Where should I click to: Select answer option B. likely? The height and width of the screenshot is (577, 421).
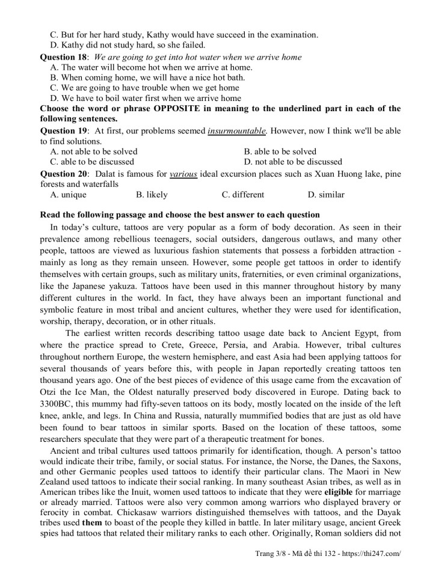(152, 195)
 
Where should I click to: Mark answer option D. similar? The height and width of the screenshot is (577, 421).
(325, 195)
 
